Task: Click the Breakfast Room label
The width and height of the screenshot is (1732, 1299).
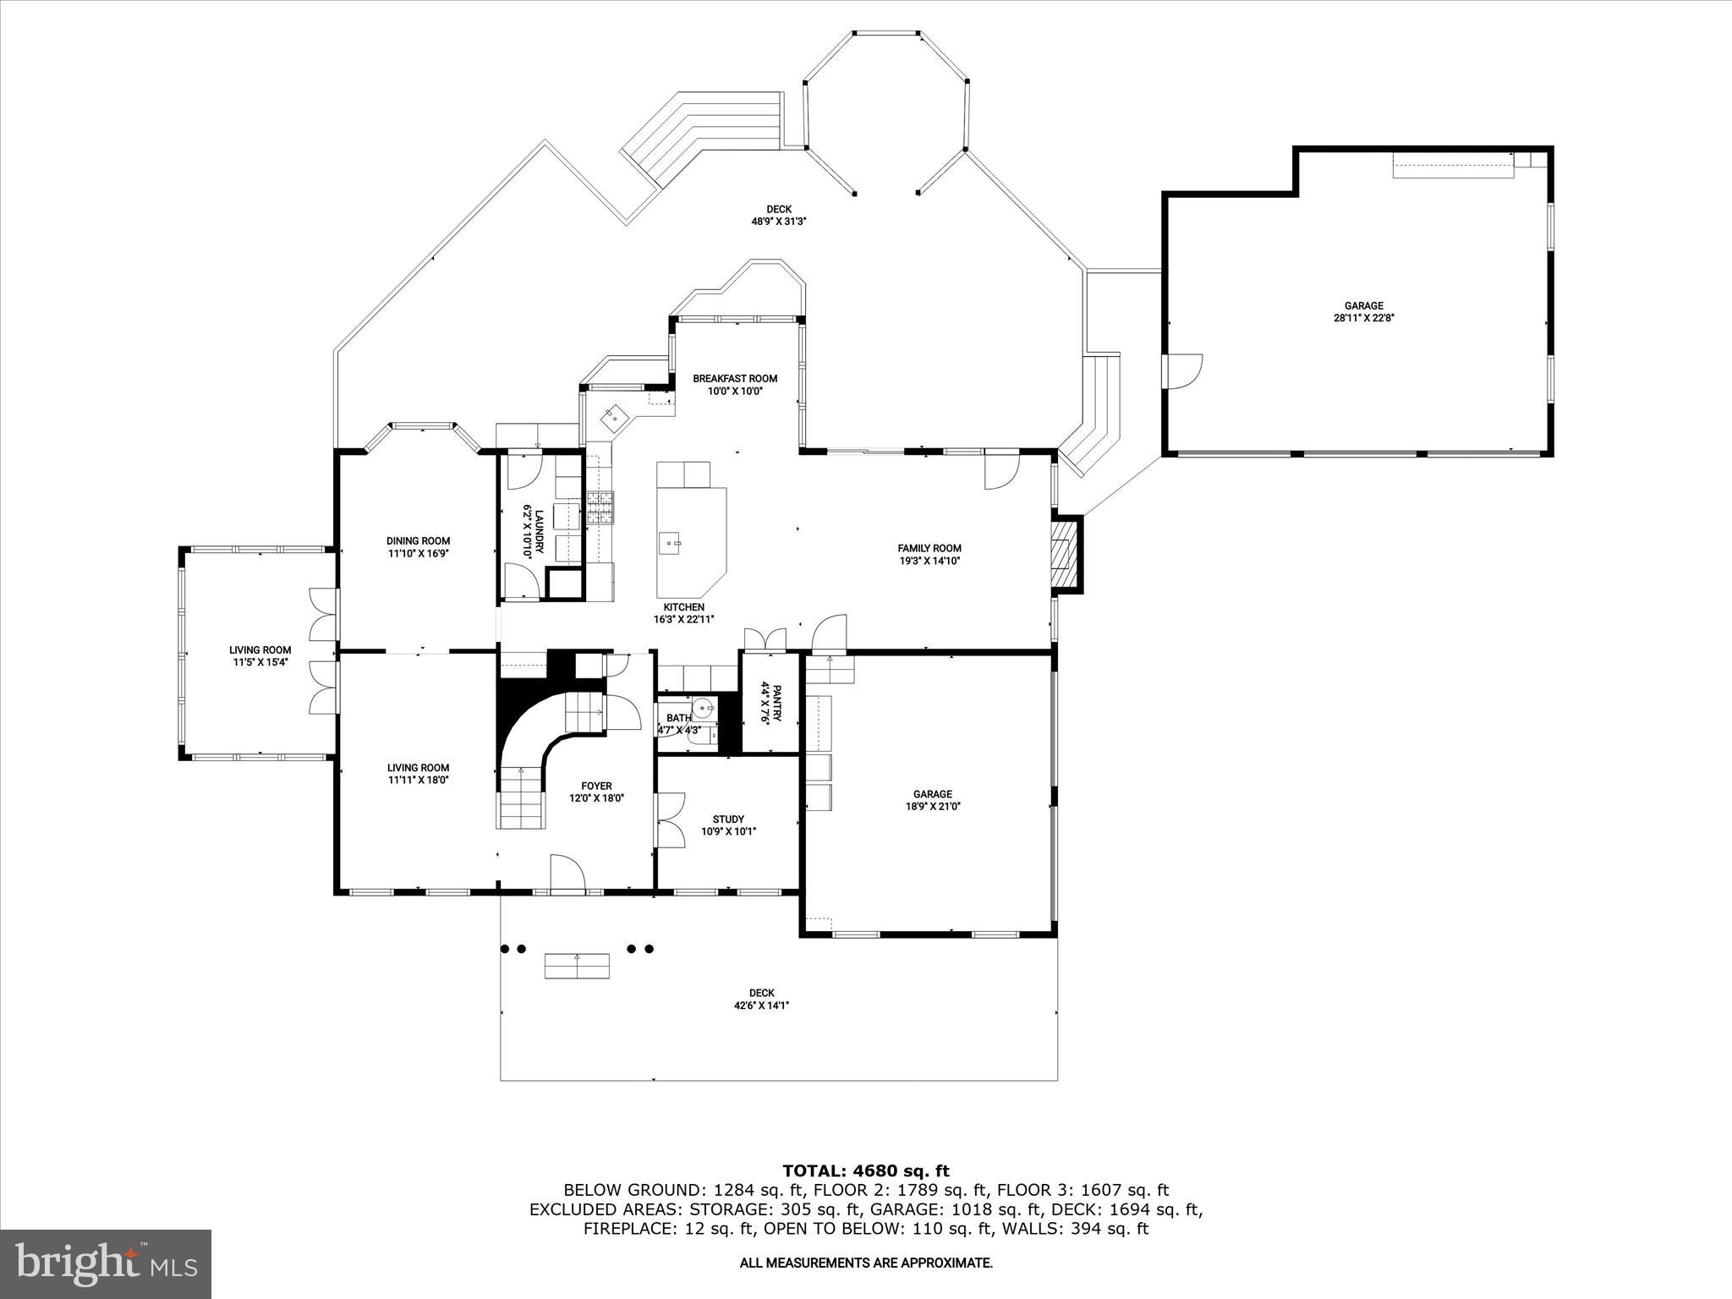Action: tap(735, 379)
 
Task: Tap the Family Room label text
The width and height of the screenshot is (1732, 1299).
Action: tap(929, 548)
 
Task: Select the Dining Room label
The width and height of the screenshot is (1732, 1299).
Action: tap(418, 541)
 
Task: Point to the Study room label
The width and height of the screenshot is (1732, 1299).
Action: tap(728, 819)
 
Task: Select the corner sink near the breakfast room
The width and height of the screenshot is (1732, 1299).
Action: tap(611, 414)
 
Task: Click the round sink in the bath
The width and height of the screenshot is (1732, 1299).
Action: tap(703, 707)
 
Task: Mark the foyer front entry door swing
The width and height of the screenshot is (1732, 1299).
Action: tap(567, 873)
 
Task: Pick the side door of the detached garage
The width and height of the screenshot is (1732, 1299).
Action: tap(1184, 371)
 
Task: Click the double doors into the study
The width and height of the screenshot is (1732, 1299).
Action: tap(671, 819)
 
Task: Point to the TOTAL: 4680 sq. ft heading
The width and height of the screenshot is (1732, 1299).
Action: tap(865, 1170)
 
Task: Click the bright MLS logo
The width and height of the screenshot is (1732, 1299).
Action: tap(106, 1263)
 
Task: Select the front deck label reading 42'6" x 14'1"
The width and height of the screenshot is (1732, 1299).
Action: tap(761, 1006)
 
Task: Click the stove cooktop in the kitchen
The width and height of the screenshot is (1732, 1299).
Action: tap(600, 507)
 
